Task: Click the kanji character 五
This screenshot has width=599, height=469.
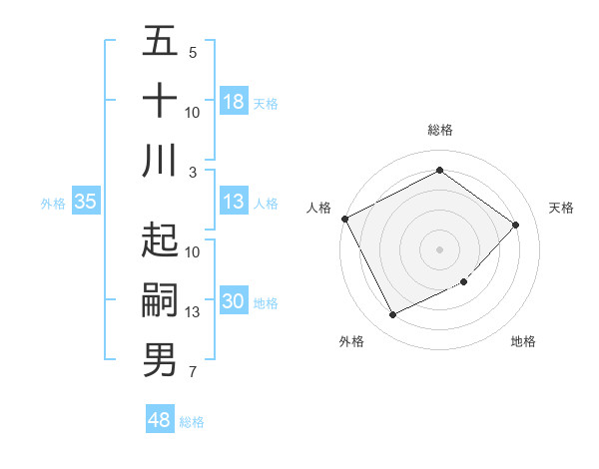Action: (x=160, y=42)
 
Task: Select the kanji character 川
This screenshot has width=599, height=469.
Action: (x=160, y=161)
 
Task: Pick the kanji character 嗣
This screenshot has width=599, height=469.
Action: (x=160, y=300)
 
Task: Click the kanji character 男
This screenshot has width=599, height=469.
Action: (x=160, y=360)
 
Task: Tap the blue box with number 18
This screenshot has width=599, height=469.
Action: (x=234, y=102)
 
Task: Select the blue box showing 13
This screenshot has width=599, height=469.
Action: (x=234, y=203)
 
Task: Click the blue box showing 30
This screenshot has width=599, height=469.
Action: (x=234, y=302)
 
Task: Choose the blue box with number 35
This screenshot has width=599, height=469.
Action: (x=85, y=203)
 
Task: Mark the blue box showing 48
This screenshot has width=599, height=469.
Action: (x=160, y=421)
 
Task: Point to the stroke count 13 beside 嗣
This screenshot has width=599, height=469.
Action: (x=193, y=312)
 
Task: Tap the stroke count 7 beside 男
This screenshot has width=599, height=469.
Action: (x=193, y=373)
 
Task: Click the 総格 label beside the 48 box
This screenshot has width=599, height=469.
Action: (x=192, y=422)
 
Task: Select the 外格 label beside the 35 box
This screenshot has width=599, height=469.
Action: (x=53, y=204)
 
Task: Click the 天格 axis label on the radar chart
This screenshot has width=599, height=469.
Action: (x=561, y=208)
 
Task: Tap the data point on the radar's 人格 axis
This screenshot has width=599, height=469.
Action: (x=344, y=219)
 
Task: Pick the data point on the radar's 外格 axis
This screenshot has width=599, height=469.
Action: (x=392, y=315)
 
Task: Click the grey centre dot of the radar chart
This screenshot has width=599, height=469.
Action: (x=439, y=248)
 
